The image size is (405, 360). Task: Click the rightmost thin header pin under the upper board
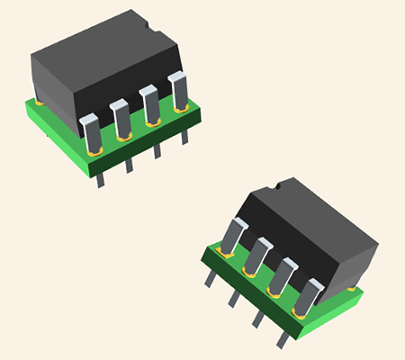pos(185,135)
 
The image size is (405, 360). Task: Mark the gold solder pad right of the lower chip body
pos(351,287)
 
